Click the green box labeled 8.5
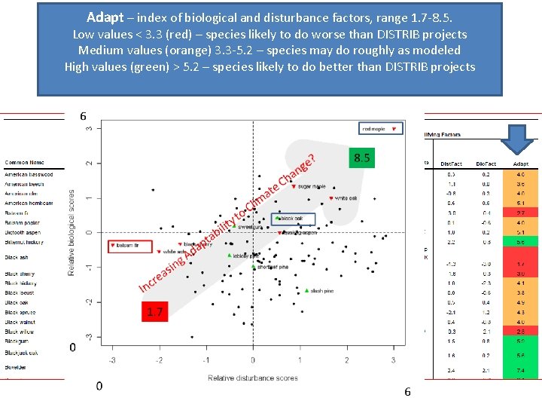[361, 159]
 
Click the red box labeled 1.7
[154, 311]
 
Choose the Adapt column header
[520, 164]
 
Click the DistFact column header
[452, 164]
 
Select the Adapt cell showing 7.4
[520, 371]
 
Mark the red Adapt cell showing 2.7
[520, 213]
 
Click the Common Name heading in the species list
[24, 163]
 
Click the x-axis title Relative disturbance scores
[252, 378]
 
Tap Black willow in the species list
[20, 332]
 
